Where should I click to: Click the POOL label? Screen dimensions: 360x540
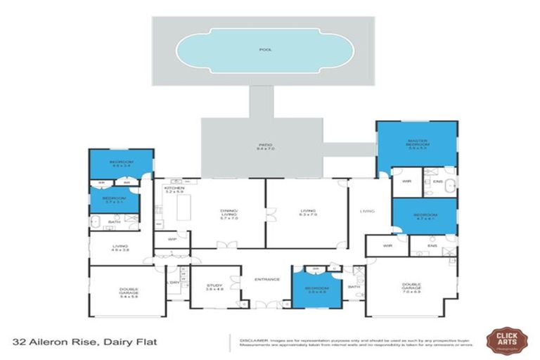pos(264,50)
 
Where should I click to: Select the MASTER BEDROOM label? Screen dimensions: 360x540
pos(417,143)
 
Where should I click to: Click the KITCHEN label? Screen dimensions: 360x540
pos(173,189)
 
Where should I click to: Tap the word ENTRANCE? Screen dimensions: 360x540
pos(267,279)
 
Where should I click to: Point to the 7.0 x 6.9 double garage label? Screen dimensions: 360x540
pos(412,287)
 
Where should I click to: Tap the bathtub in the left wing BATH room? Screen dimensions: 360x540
pos(96,223)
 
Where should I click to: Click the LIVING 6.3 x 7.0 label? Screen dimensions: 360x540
pos(307,213)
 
